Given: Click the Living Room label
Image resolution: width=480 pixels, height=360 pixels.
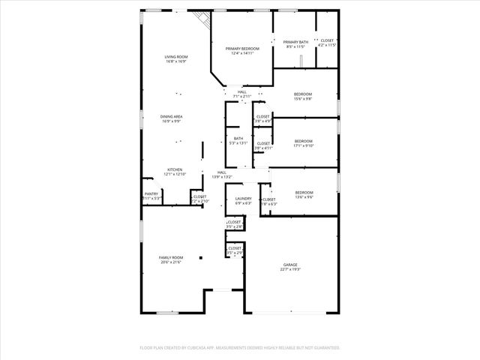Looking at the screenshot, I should [176, 59].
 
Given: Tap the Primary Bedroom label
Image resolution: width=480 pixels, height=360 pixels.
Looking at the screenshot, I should [242, 50].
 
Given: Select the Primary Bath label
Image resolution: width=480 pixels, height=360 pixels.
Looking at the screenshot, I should [295, 43].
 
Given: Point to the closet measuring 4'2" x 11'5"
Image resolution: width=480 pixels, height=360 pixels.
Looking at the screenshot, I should [327, 43].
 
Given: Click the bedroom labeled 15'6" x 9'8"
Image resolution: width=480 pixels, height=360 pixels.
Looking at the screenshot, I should [303, 96].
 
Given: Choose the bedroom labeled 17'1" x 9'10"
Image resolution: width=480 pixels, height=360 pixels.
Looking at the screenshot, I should [303, 143].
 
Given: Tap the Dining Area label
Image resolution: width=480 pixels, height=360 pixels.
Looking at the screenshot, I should [172, 118].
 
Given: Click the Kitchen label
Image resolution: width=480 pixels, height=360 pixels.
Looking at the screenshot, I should [175, 172].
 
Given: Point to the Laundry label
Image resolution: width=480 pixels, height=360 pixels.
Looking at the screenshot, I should [243, 200].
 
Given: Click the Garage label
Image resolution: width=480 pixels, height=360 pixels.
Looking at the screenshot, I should [290, 267].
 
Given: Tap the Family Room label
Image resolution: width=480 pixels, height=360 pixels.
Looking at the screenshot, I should [171, 259].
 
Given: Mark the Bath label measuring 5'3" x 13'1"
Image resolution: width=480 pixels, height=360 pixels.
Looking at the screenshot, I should [238, 140].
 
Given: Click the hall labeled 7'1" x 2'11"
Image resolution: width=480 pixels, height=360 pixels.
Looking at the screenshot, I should [241, 94].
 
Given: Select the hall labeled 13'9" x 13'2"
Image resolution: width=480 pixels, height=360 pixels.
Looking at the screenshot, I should [222, 175].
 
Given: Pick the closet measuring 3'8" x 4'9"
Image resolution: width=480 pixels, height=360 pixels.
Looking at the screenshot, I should [263, 118].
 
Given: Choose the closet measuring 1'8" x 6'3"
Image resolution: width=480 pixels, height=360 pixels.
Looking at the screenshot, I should [268, 201].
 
